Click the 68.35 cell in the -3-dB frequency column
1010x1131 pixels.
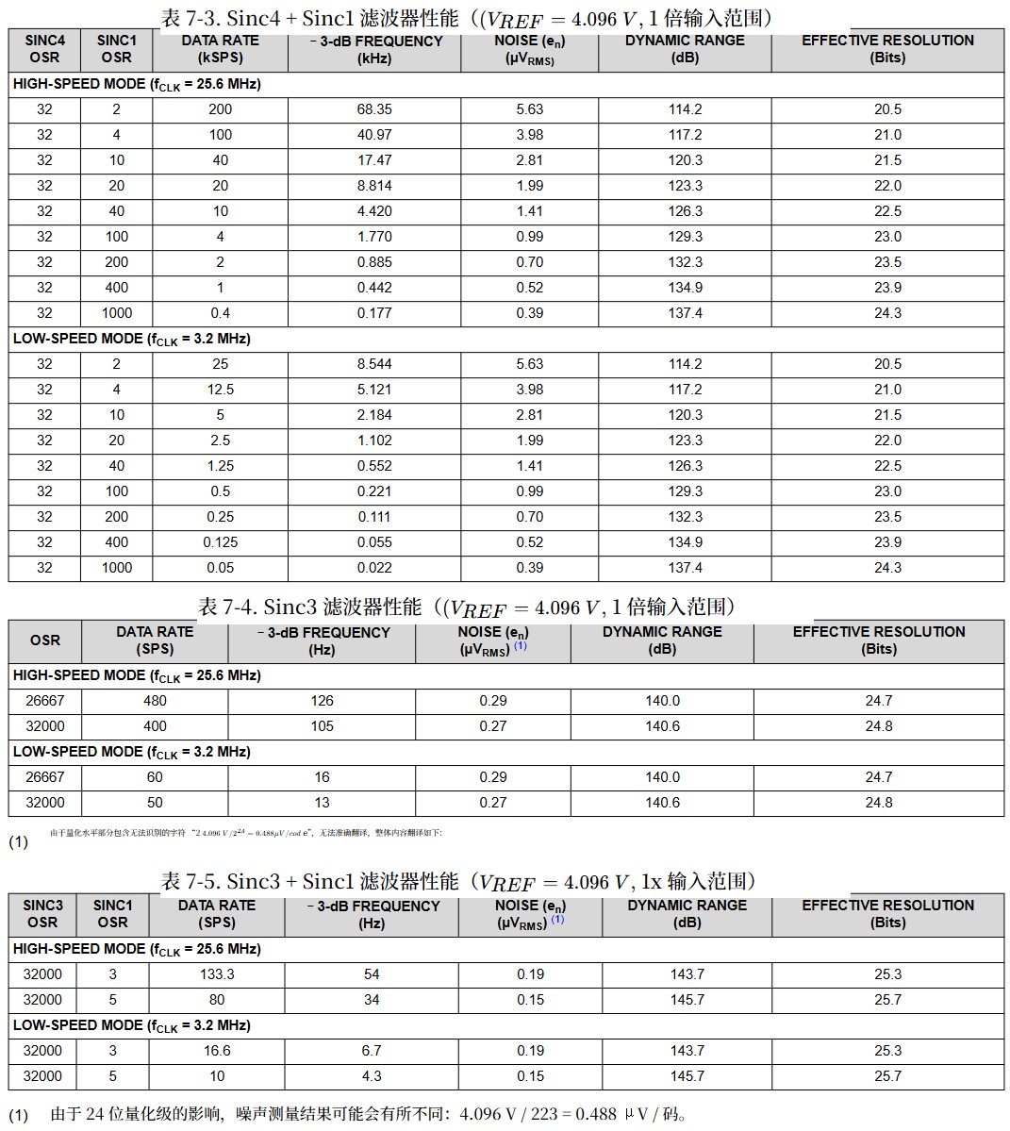(374, 109)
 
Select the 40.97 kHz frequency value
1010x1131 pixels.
(374, 135)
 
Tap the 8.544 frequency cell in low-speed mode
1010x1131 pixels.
(374, 364)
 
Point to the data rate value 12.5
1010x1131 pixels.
(220, 390)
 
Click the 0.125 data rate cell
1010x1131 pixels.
(220, 542)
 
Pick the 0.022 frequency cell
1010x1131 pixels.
(374, 568)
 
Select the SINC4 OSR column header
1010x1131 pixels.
(44, 49)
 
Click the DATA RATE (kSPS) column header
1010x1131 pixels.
(220, 49)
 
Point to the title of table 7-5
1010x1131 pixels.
(459, 881)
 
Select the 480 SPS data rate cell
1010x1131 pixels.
(155, 701)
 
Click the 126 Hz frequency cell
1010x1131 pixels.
(322, 701)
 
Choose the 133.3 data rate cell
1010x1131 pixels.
(217, 974)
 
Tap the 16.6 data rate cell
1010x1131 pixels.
(217, 1051)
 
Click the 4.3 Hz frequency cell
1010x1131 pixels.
(372, 1076)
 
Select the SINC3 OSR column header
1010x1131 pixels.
(42, 914)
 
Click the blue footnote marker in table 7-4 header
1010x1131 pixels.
(521, 646)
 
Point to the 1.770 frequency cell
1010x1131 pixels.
(374, 237)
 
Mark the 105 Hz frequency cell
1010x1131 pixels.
(322, 726)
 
